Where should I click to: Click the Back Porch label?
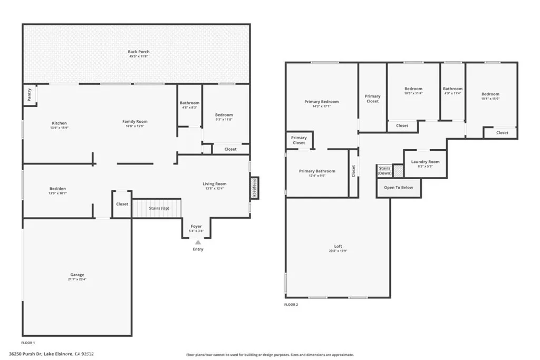pyautogui.click(x=139, y=52)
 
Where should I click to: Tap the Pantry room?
pyautogui.click(x=29, y=95)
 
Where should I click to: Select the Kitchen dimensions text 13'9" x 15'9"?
pyautogui.click(x=59, y=128)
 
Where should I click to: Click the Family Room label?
pyautogui.click(x=135, y=121)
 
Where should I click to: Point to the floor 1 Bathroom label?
pyautogui.click(x=189, y=103)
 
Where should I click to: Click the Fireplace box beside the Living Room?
pyautogui.click(x=254, y=188)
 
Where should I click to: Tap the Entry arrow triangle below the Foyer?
pyautogui.click(x=198, y=242)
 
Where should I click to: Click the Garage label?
pyautogui.click(x=77, y=275)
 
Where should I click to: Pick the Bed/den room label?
pyautogui.click(x=57, y=189)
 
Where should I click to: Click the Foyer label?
pyautogui.click(x=196, y=226)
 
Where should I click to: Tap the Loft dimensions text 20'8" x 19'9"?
pyautogui.click(x=337, y=251)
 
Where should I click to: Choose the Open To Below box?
pyautogui.click(x=399, y=188)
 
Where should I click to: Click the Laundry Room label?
pyautogui.click(x=425, y=162)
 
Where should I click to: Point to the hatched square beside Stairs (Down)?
pyautogui.click(x=398, y=171)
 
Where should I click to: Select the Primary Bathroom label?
pyautogui.click(x=317, y=171)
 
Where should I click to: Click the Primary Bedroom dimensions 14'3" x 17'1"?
pyautogui.click(x=322, y=106)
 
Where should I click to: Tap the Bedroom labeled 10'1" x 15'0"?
pyautogui.click(x=490, y=94)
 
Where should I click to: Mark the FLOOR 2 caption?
pyautogui.click(x=292, y=305)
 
